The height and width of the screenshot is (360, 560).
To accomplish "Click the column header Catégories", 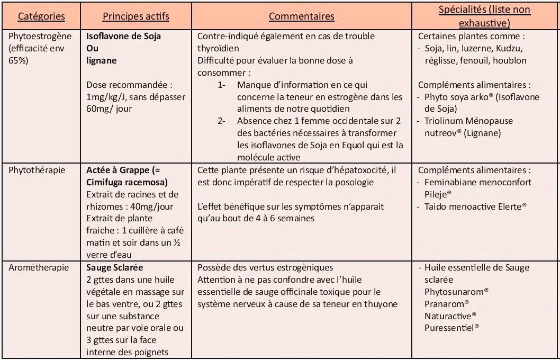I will click(x=41, y=16).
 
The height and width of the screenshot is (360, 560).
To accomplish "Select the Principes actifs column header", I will click(x=136, y=16).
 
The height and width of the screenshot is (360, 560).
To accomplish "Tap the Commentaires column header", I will click(x=301, y=16).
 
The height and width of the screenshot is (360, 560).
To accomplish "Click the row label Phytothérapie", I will click(x=36, y=170).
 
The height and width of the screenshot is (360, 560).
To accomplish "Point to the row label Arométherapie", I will click(x=38, y=268).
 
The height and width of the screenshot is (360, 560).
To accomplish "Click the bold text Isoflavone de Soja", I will click(x=123, y=37).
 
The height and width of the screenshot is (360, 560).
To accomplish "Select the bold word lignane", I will click(x=101, y=60).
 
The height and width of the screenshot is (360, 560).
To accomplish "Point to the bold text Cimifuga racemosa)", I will click(x=127, y=182).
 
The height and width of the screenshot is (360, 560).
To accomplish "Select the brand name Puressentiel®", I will click(x=451, y=328).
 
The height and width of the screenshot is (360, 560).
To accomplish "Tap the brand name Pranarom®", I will click(x=447, y=304).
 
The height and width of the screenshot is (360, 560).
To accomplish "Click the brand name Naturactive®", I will click(x=450, y=316).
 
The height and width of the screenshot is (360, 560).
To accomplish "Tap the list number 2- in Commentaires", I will click(x=222, y=121).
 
